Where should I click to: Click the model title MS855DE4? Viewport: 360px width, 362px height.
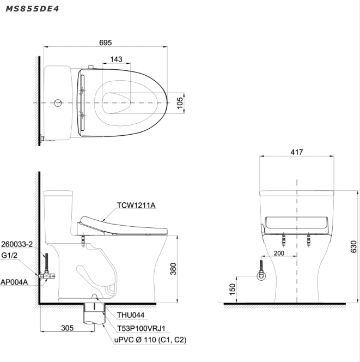point(32,9)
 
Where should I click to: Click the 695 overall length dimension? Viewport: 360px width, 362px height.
point(106,43)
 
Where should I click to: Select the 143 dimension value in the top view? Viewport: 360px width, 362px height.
point(116,59)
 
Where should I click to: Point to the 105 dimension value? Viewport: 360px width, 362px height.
point(180,103)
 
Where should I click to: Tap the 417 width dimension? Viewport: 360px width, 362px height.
point(297,152)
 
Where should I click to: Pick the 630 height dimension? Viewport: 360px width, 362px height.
point(353,246)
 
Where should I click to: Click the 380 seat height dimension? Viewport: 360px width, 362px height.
point(173,269)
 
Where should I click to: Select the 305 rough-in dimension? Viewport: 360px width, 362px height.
point(68,328)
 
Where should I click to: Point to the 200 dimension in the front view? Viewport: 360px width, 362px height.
point(279,254)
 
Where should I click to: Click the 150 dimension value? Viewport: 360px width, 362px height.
point(233,289)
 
